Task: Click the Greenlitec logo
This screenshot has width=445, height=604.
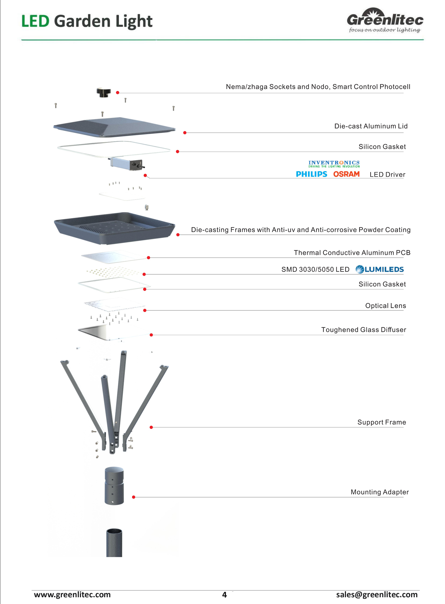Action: point(385,20)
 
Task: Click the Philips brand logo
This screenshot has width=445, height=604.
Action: point(311,174)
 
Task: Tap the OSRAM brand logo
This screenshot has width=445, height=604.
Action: point(347,174)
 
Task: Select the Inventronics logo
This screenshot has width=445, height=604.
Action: point(334,164)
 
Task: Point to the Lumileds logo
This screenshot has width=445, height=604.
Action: point(380,269)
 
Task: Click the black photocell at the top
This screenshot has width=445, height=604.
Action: point(104,92)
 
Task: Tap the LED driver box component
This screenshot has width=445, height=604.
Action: point(126,164)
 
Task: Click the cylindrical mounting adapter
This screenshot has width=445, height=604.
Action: point(114,486)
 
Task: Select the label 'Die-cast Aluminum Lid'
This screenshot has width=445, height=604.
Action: point(371,126)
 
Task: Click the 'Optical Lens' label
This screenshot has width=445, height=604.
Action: point(386,306)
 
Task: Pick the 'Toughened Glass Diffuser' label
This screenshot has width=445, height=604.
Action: point(364,330)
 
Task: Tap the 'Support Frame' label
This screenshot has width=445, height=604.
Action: point(382,422)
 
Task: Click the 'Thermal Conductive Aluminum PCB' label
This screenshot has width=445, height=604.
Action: point(352,252)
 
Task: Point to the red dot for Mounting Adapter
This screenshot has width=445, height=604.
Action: point(134,497)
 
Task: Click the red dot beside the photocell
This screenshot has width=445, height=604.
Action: point(118,92)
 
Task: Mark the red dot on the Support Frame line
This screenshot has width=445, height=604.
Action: point(151,427)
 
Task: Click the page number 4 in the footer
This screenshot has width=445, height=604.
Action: point(224,595)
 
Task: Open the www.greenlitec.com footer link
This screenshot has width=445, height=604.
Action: point(72,594)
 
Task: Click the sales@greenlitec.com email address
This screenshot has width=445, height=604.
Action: point(377,594)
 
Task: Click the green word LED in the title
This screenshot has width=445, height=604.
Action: point(35,21)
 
